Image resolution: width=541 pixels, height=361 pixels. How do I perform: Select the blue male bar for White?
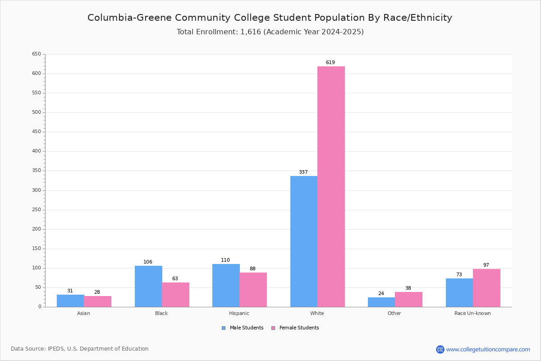pos(304,241)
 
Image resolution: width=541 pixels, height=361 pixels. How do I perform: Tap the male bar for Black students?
pos(148,286)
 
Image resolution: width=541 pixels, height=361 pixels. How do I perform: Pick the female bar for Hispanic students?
pos(253,290)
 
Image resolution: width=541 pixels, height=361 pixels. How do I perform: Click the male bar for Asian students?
pos(70,301)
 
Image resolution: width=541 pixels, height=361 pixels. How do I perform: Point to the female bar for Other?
pos(408,299)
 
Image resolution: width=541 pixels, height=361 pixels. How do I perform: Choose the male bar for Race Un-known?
pos(459,292)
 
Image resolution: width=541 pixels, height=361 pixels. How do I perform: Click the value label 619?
pos(330,63)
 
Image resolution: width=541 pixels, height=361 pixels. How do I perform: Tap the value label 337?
pos(303,172)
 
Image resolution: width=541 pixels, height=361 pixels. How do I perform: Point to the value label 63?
pos(175,279)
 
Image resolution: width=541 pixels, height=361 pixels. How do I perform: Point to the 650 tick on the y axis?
pos(37,54)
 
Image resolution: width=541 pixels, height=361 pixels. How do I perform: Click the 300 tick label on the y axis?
pos(37,190)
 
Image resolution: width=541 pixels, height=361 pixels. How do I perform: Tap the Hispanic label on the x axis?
pos(239,313)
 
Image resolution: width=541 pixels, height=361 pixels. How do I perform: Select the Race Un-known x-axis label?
pos(472,313)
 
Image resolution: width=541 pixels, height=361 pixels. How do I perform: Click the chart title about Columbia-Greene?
pos(270,18)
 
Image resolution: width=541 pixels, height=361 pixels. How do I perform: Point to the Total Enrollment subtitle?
pos(270,32)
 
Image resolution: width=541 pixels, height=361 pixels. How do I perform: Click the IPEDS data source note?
pos(80,349)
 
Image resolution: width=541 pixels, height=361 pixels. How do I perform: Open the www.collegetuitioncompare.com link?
pos(488,349)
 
